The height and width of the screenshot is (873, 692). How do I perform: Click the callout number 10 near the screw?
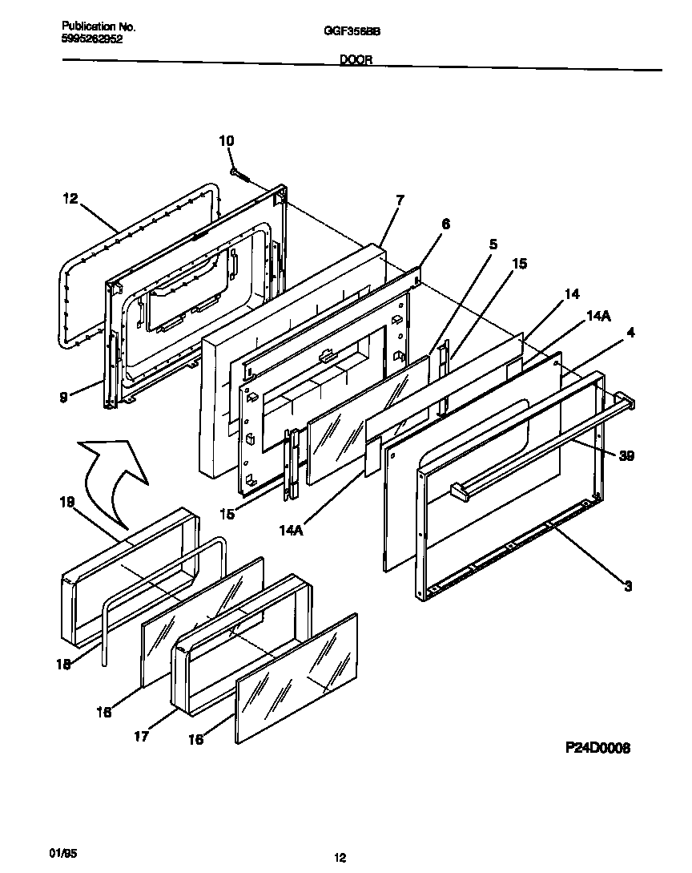coord(227,141)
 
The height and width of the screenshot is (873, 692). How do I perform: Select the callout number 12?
coord(70,199)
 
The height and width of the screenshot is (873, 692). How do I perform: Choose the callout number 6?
coord(445,224)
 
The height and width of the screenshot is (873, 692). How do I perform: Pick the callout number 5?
coord(493,244)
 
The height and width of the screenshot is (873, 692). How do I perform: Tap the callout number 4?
coord(631,331)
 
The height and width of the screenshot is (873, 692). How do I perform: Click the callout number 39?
coord(627,456)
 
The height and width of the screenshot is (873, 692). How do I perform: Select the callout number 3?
coord(628,587)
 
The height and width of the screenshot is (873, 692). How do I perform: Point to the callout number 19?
coord(67,503)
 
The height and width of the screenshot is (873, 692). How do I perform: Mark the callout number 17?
coord(141,735)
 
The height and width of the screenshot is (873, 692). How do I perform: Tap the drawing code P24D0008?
coord(597,747)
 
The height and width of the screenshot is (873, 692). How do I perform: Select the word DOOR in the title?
coord(356,60)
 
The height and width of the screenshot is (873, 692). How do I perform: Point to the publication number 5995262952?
coord(92,38)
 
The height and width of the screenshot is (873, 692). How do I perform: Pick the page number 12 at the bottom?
coord(340,858)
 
